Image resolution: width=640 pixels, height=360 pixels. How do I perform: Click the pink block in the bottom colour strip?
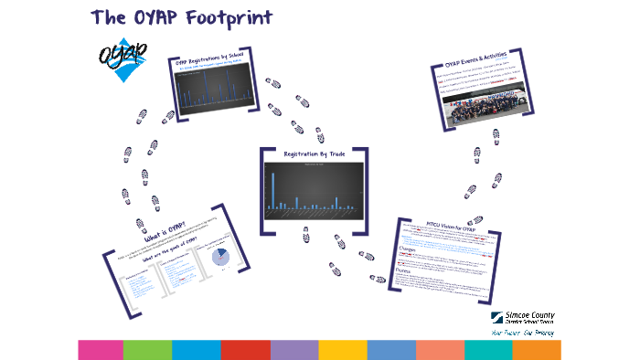100,349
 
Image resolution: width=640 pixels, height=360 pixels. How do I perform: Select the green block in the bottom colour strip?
147,349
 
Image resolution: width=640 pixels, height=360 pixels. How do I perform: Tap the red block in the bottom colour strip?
245,349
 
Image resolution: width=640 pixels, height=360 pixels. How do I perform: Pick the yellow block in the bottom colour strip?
342,349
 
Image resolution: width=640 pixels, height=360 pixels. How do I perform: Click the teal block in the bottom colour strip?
488,349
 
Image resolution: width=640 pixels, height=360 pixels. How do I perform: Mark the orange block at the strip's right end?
537,349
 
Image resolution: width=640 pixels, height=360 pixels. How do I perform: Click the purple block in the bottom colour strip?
293,349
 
